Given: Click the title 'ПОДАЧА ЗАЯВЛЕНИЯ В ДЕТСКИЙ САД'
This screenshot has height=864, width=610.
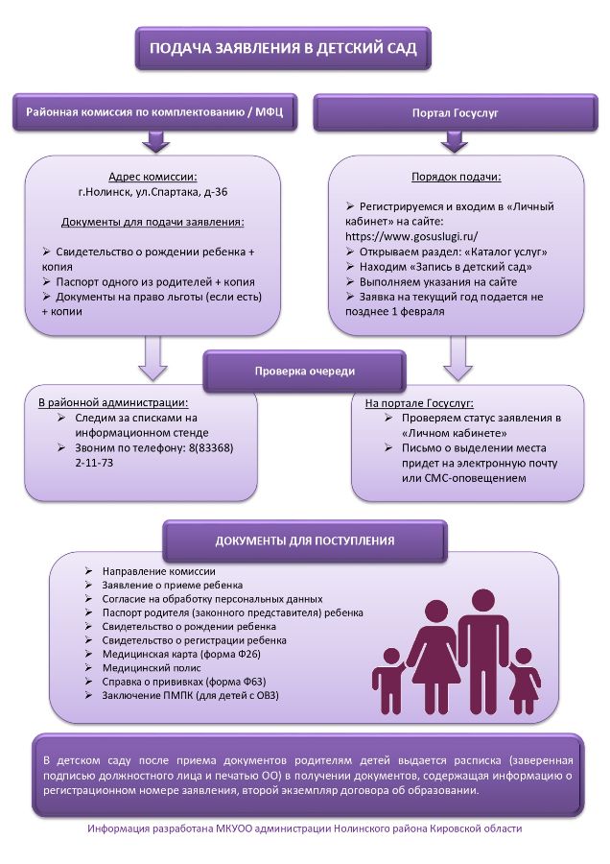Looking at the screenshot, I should (x=282, y=49).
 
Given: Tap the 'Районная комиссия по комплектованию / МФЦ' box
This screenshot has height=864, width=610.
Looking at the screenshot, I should (x=153, y=113).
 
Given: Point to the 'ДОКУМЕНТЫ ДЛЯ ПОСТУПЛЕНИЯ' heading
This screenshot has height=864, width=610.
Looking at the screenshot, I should (x=304, y=540).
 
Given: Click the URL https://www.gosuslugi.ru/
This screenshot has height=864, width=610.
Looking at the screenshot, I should (x=411, y=235).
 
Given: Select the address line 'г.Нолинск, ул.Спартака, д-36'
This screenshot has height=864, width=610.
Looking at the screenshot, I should (x=152, y=192).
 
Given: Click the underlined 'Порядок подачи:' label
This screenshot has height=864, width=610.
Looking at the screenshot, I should (x=456, y=178).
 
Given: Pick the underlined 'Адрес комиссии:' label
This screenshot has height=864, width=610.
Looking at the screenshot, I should (x=152, y=178).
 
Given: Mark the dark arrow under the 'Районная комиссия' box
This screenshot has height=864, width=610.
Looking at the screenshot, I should (x=153, y=143).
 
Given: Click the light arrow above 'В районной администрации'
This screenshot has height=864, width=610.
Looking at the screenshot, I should (x=153, y=358).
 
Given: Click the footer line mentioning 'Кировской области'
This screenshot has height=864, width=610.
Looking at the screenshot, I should (x=304, y=828).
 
